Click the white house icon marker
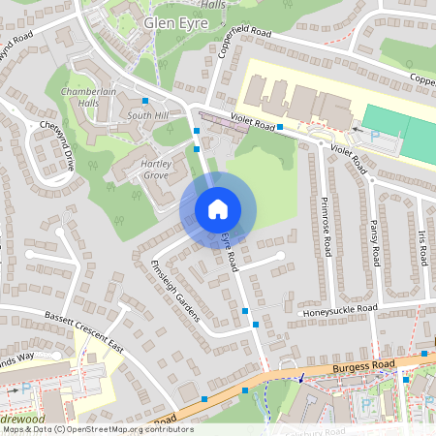[218, 209]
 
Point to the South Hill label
[147, 116]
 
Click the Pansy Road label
[373, 242]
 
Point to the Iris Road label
[422, 247]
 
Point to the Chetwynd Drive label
[57, 145]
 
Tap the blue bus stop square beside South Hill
[145, 101]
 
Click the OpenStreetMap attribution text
[97, 429]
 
